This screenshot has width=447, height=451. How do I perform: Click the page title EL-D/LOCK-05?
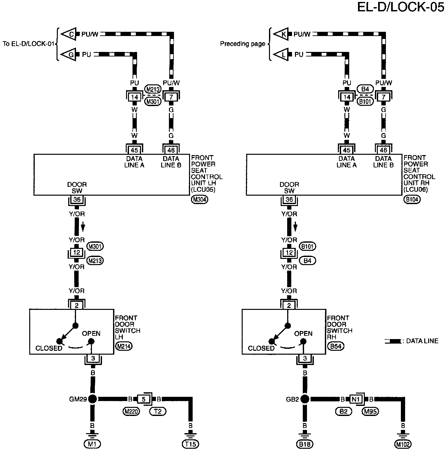[401, 7]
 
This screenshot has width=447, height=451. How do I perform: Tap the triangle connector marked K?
[282, 34]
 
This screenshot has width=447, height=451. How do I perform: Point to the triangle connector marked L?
[282, 55]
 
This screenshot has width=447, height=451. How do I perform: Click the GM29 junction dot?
[93, 399]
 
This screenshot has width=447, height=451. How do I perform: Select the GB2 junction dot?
[305, 399]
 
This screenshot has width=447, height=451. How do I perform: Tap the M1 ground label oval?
[93, 444]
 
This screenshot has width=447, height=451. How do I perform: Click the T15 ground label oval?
[191, 444]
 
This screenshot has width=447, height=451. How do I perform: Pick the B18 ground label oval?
[305, 444]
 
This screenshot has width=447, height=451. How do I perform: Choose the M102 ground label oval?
[403, 444]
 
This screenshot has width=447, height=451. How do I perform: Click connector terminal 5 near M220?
[143, 399]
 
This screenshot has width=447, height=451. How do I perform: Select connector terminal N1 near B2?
[356, 399]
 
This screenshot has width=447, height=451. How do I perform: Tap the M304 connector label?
[199, 200]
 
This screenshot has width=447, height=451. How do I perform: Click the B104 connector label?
[412, 200]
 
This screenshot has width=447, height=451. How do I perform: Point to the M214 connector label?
[124, 346]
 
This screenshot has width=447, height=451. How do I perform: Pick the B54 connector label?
[336, 346]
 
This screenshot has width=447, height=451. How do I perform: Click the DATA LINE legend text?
[422, 341]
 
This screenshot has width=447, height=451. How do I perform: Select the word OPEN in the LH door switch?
[91, 334]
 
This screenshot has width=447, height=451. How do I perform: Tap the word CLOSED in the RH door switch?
[261, 348]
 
